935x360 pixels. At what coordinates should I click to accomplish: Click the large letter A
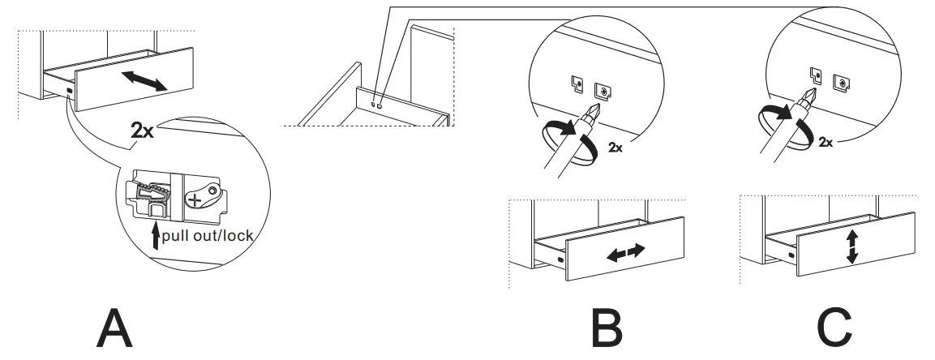pos(115,328)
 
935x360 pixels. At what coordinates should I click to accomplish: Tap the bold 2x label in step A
pos(142,131)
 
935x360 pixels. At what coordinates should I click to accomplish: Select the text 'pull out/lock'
pos(208,236)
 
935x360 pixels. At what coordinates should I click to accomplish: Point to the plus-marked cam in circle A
pos(198,198)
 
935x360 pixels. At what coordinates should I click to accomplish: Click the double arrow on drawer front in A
pos(144,79)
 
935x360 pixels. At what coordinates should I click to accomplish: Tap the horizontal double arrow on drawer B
pos(625,252)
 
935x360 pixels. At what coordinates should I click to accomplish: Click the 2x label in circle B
pos(615,148)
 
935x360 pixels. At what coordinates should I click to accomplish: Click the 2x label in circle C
pos(826,142)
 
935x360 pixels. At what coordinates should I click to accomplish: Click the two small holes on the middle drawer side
pos(375,104)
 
